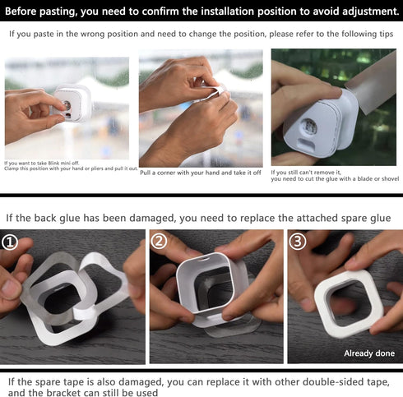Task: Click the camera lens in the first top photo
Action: [x=68, y=106]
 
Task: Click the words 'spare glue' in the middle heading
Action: [x=362, y=218]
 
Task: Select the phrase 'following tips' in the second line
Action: [x=359, y=35]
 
